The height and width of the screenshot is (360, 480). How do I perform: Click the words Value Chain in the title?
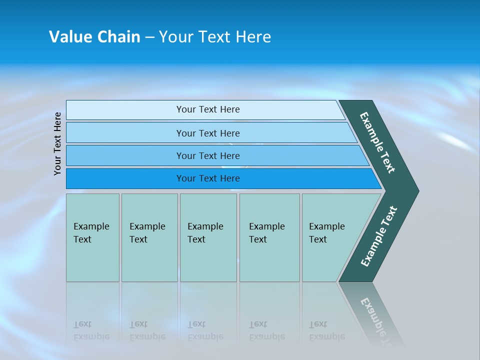(94, 36)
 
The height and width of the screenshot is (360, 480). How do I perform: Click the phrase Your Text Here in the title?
(215, 36)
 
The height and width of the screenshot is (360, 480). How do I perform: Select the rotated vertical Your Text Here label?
(57, 143)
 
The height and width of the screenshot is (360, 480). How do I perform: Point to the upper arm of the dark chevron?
(378, 142)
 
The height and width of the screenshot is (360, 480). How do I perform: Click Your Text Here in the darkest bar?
(208, 178)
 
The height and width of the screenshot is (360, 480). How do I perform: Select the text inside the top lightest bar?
(208, 109)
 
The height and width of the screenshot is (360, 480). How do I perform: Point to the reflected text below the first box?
(91, 330)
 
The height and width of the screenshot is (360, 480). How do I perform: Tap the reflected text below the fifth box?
(326, 330)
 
